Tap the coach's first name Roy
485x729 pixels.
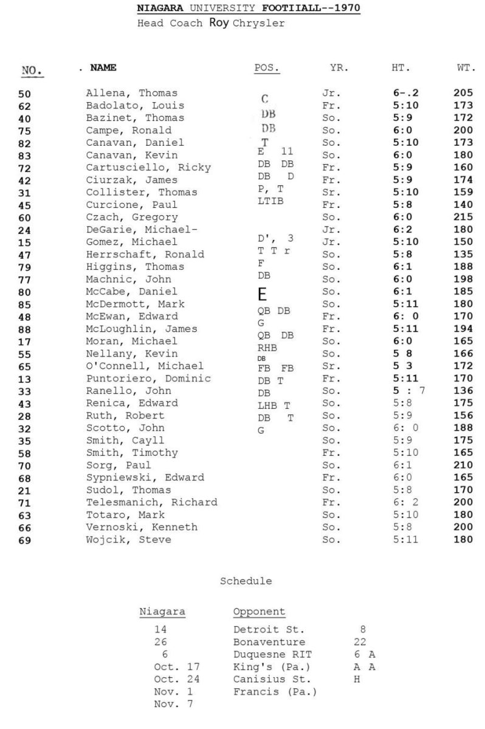(220, 23)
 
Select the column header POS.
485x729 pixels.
(266, 68)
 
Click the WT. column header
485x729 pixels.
(466, 68)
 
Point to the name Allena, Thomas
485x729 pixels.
(131, 93)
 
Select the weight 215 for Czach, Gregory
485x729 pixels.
(463, 217)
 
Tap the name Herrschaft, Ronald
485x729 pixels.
(145, 254)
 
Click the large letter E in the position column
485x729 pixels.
(263, 295)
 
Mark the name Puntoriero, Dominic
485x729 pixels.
(148, 378)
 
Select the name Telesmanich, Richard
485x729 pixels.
(151, 502)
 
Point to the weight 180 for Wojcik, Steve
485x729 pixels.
(463, 539)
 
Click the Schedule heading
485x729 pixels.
(246, 581)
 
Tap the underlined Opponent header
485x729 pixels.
(259, 611)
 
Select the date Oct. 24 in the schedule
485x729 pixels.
(176, 679)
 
